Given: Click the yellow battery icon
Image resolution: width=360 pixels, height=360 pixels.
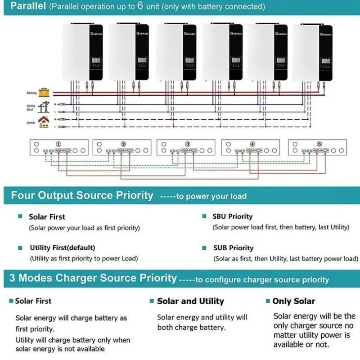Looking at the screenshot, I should point(44,92).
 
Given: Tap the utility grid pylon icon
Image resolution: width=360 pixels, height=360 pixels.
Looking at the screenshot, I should point(44,107).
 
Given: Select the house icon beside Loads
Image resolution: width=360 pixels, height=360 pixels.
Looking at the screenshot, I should point(44,122).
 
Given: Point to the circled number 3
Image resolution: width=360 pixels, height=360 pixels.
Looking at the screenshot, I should point(187,144).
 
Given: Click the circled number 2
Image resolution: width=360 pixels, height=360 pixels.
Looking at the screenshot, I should point(123,144).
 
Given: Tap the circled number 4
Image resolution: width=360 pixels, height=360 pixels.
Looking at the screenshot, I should point(252,144).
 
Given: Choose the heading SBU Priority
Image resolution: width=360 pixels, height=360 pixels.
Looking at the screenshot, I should point(232,216).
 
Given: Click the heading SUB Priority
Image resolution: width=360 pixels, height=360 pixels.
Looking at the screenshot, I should point(233,248).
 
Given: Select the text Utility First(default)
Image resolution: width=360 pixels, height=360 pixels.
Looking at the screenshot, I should point(63,247).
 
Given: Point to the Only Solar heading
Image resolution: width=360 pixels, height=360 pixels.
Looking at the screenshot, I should point(293,301).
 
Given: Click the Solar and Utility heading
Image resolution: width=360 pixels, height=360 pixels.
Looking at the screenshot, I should point(190,301).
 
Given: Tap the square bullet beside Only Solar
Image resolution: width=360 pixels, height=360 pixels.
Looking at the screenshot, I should point(268,301).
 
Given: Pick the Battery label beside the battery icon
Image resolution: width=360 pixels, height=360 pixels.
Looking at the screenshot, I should point(31,93).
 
